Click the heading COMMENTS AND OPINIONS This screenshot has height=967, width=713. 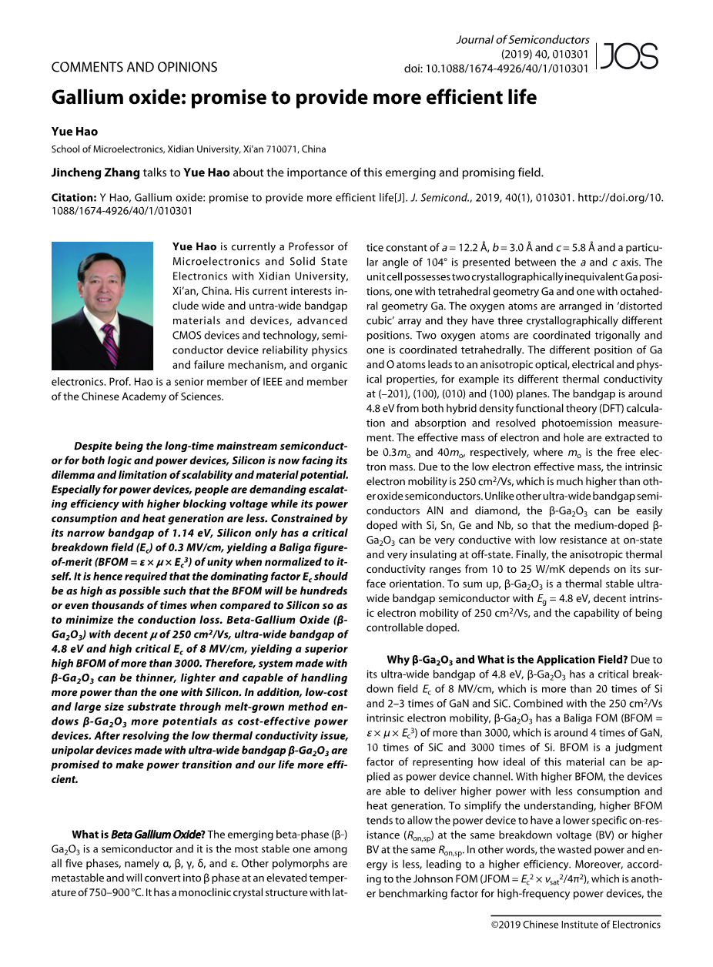click(x=134, y=68)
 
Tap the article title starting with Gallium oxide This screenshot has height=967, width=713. click(x=294, y=98)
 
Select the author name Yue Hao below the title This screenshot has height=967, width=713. click(x=75, y=132)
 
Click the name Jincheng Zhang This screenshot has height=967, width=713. click(x=95, y=172)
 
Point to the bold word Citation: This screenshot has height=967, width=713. click(x=74, y=198)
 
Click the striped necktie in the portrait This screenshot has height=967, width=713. click(x=109, y=343)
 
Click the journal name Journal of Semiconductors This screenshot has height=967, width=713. click(x=523, y=40)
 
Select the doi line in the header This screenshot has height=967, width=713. click(x=497, y=69)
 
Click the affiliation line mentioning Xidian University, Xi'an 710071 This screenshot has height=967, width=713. click(x=189, y=149)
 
